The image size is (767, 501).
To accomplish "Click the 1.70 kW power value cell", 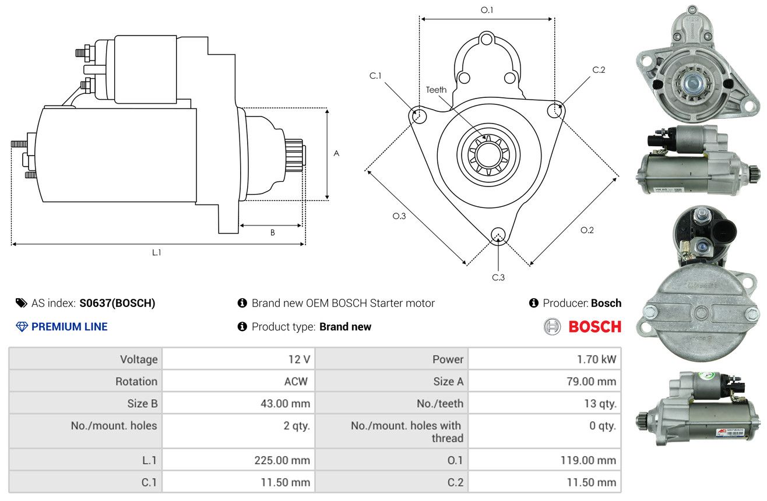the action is pos(596,359).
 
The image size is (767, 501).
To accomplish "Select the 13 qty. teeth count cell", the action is pos(600,404).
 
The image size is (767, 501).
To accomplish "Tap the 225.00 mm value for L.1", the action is pos(282,460).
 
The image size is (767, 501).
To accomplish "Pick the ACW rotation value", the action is pos(296,381).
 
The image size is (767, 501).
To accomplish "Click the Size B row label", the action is pos(142,404).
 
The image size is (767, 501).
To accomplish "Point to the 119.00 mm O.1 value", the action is pos(588,460).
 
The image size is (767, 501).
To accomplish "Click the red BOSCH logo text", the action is pos(594,327).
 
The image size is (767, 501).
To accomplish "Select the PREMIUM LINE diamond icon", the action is pos(22,327).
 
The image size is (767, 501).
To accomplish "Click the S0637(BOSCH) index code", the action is pos(117,303).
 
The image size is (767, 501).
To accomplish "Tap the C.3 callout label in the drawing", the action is pos(498,277).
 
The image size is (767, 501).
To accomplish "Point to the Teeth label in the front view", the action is pos(436,90).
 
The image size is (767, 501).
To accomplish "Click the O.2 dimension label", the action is pos(587,230).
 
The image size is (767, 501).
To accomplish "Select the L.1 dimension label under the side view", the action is pos(156,253).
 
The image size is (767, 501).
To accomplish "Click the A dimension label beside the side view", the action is pos(336,153).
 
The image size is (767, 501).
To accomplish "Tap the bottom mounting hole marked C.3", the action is pos(498,235).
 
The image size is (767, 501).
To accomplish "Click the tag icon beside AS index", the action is pos(21,303).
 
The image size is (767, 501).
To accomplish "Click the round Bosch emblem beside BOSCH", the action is pos(552,327).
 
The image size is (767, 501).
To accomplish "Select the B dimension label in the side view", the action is pos(273,232).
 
